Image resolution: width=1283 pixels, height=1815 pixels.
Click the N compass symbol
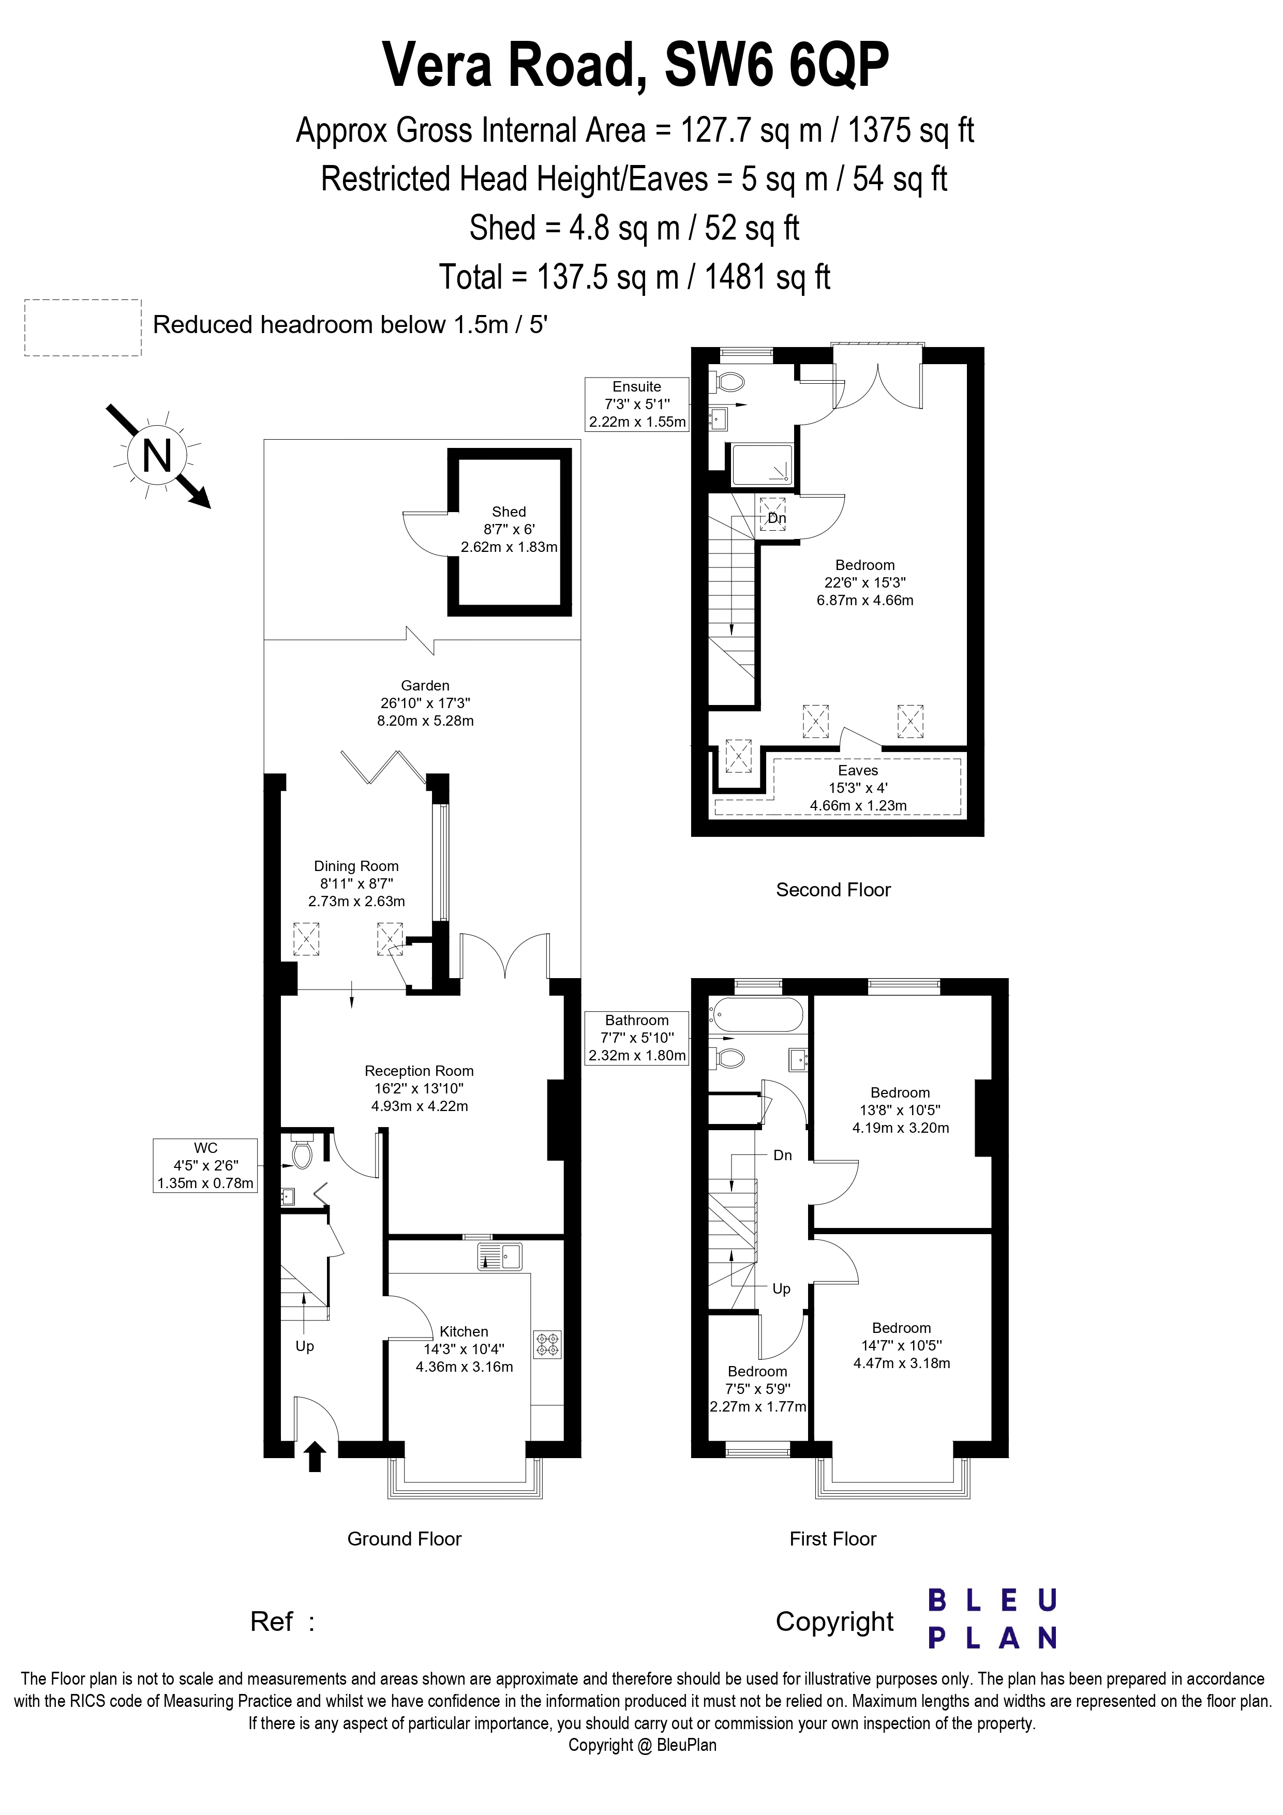coord(157,456)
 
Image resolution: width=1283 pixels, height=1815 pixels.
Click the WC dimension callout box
coord(205,1165)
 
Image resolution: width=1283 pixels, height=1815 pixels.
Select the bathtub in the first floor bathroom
coord(756,1014)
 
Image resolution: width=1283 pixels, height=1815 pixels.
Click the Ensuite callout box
coord(636,404)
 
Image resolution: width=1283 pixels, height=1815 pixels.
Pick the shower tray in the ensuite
coord(761,464)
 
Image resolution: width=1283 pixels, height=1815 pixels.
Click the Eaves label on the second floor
coord(858,770)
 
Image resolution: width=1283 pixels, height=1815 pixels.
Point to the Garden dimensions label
coord(425,703)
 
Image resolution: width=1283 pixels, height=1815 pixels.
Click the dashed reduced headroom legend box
coord(83,327)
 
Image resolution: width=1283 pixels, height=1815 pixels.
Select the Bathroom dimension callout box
coord(636,1037)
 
